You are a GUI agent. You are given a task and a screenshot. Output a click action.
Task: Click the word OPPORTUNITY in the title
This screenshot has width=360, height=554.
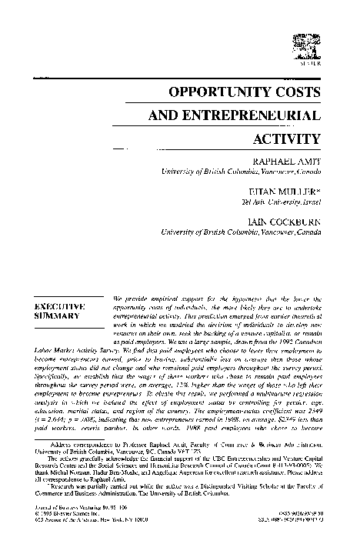(x=222, y=91)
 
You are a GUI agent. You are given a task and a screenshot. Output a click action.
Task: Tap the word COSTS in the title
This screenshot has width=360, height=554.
(x=298, y=91)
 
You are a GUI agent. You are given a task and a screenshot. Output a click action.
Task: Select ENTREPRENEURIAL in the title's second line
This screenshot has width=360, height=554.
(x=253, y=115)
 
